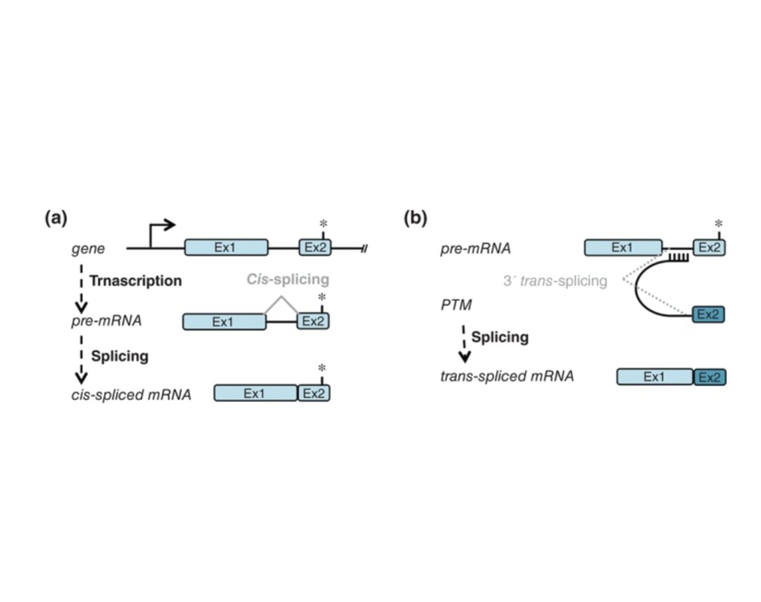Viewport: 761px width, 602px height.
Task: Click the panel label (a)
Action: click(56, 218)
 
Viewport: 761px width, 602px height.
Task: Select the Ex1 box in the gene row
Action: click(226, 247)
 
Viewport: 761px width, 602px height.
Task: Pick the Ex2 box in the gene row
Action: click(315, 247)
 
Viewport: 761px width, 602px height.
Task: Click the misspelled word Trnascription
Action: click(135, 281)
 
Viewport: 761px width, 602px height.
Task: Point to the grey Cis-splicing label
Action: click(283, 279)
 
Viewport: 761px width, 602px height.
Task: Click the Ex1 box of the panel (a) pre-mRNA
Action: click(224, 321)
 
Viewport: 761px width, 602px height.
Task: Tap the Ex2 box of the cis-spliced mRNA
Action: click(314, 393)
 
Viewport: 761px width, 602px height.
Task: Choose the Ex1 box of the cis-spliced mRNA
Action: click(256, 393)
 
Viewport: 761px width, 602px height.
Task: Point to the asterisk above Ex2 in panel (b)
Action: click(718, 224)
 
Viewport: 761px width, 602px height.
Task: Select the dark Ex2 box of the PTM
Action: click(709, 314)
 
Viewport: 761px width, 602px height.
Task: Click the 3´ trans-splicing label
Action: click(555, 281)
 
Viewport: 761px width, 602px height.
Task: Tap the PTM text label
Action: click(455, 306)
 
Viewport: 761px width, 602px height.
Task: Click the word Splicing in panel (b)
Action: click(500, 337)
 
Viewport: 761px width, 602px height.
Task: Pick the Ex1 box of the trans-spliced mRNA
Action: click(655, 376)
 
